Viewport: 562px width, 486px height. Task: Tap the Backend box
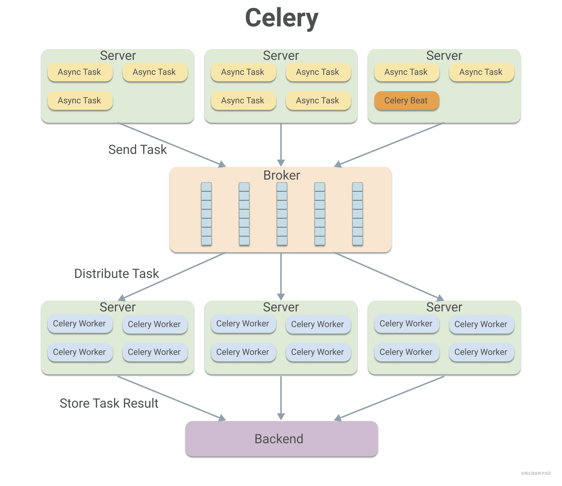pos(281,438)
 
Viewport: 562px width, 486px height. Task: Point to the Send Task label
pos(137,149)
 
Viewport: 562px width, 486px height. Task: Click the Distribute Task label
pos(116,273)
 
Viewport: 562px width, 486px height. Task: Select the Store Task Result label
pos(109,403)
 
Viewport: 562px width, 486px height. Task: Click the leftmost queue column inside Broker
pos(206,214)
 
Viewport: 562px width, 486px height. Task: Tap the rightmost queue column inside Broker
pos(357,214)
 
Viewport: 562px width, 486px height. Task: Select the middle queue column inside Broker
pos(282,214)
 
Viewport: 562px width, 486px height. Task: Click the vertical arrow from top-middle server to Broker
pos(281,144)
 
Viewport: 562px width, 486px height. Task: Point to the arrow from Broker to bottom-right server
pos(388,276)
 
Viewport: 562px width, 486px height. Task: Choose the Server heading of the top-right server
pos(444,56)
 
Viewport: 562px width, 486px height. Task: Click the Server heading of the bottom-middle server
pos(281,307)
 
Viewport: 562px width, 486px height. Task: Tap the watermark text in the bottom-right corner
pos(536,473)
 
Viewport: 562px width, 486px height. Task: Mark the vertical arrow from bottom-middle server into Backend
pos(281,397)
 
